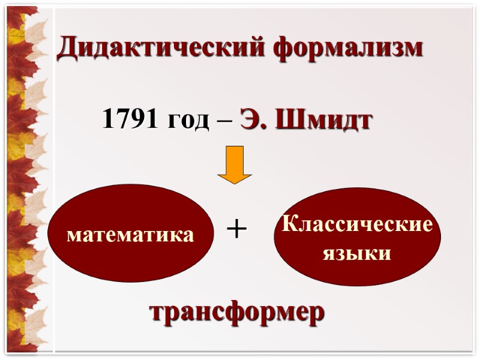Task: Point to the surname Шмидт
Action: click(325, 121)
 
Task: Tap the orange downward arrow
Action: click(235, 164)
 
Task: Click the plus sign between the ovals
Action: click(237, 229)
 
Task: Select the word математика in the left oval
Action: click(131, 235)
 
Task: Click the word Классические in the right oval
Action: click(357, 226)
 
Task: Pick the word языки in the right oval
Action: click(357, 253)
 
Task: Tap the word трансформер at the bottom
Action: click(237, 313)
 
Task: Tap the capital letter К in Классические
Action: click(289, 226)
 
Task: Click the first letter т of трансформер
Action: click(155, 314)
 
